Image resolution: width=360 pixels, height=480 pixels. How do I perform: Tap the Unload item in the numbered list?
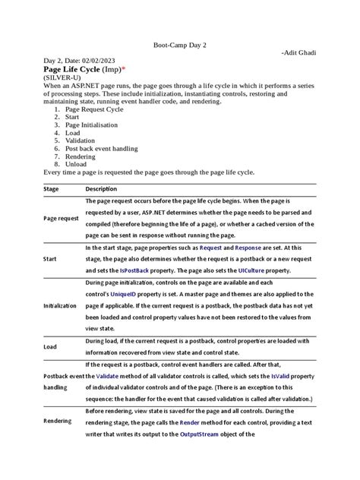click(77, 164)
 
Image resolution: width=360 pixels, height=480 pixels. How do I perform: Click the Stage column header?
click(52, 188)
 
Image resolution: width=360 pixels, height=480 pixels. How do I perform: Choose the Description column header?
click(101, 188)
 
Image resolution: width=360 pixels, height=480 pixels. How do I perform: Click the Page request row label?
click(61, 218)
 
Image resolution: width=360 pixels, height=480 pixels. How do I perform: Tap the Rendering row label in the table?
click(58, 420)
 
